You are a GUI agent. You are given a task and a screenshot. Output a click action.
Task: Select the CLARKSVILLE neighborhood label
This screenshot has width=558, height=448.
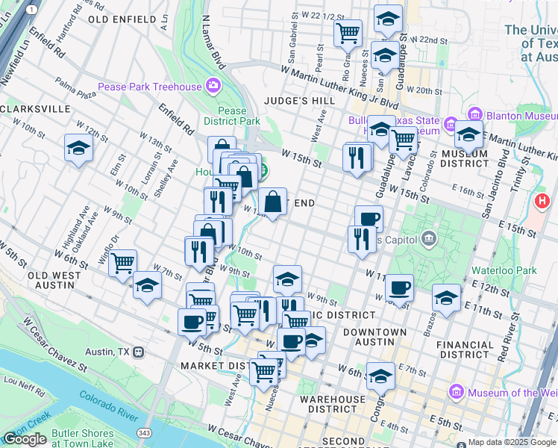(35, 109)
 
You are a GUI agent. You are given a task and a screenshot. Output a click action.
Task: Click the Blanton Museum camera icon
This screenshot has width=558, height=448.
(452, 122)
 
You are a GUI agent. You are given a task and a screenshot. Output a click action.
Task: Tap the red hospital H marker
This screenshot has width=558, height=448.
(542, 201)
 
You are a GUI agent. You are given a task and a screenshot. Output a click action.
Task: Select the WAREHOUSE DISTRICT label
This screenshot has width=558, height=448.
(333, 404)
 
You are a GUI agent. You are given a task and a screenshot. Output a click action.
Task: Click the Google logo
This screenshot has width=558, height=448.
(25, 439)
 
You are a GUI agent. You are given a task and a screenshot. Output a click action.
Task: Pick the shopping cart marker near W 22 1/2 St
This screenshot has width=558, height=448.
(348, 34)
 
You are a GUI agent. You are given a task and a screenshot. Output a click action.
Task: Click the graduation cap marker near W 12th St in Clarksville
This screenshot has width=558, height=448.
(78, 148)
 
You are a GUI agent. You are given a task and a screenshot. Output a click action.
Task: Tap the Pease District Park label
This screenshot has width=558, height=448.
(233, 116)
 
